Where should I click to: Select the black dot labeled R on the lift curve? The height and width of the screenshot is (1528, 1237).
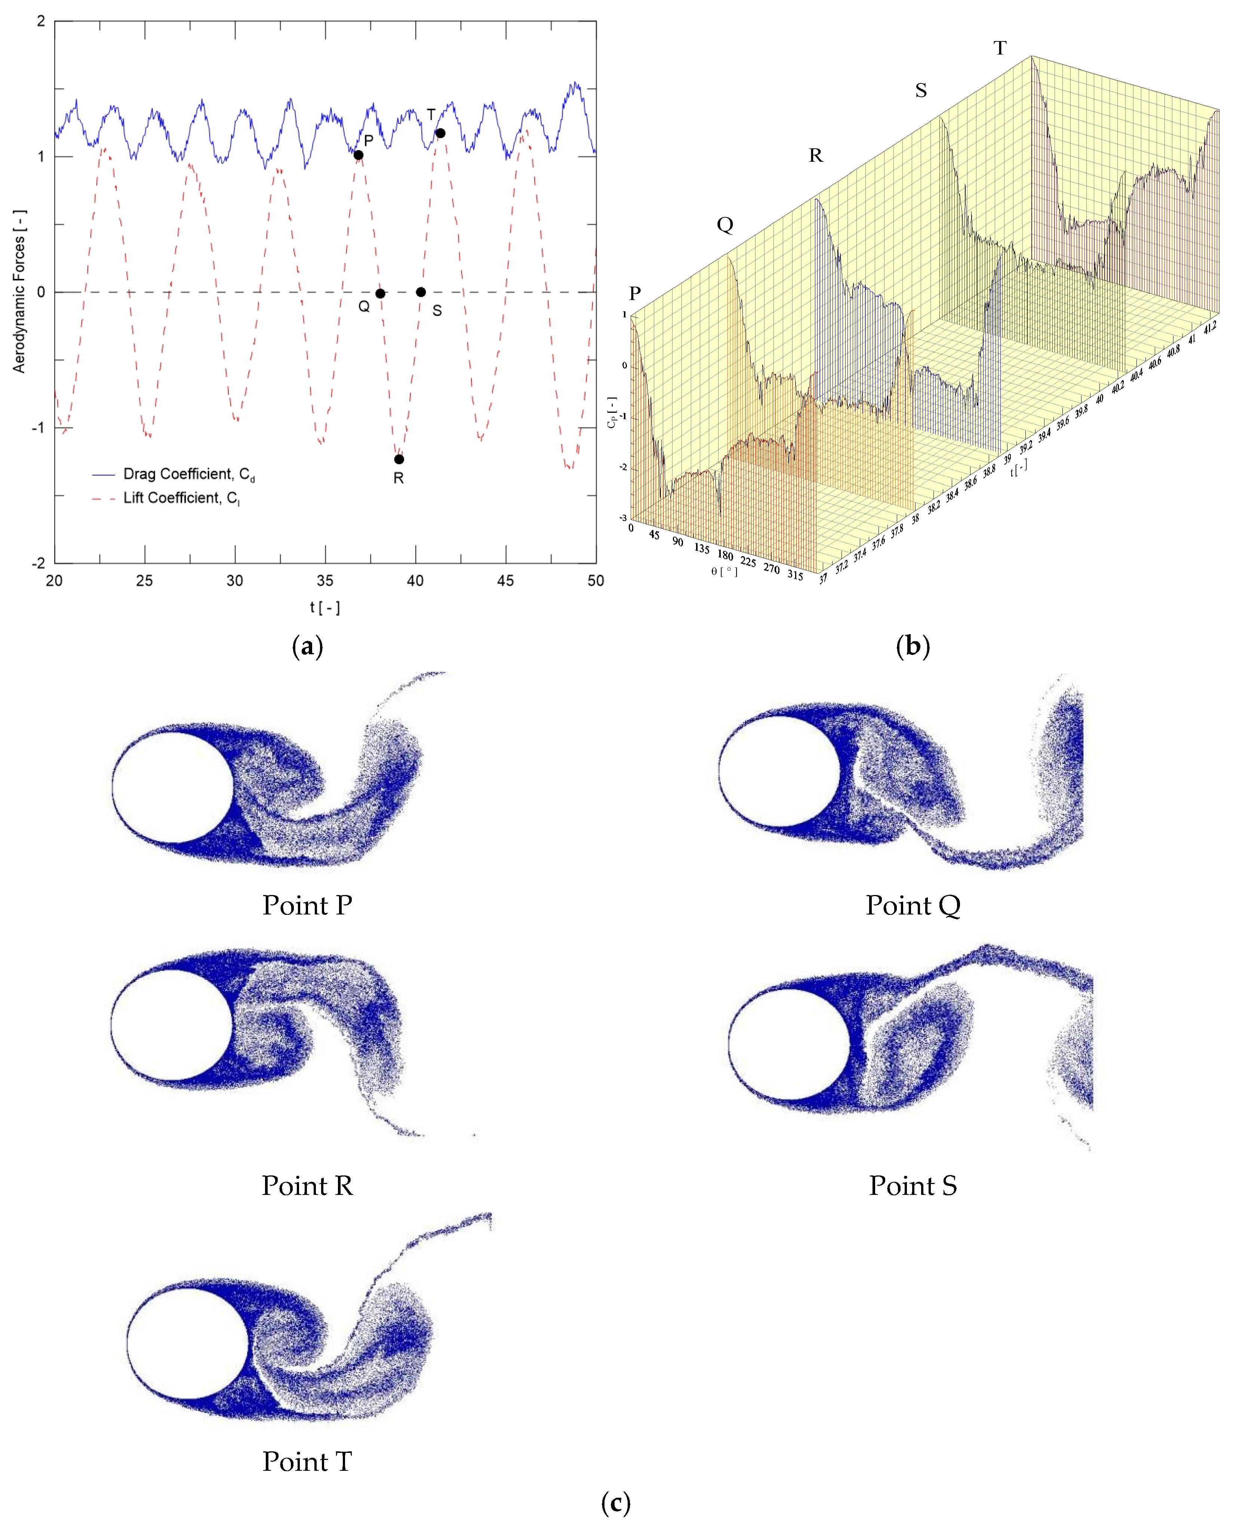point(399,459)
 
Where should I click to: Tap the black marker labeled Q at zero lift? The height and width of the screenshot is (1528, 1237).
point(381,293)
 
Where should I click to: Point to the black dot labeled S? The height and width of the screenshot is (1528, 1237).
point(421,292)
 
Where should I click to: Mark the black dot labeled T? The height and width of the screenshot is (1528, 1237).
point(440,133)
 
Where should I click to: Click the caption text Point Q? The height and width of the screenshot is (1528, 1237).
point(913,905)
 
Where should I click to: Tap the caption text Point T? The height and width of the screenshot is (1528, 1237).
point(307,1461)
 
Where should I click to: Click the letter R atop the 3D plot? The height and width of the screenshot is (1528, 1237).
point(816,156)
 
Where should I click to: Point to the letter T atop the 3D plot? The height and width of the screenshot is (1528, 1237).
point(1000,48)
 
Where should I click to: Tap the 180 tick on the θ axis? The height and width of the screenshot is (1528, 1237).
point(725,554)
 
